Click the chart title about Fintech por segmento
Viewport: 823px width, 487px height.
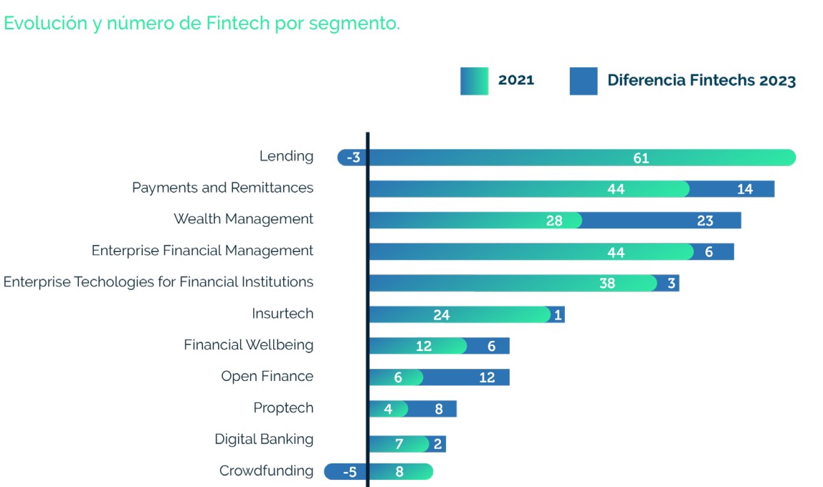click(x=201, y=23)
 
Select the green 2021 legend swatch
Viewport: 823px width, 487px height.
click(x=474, y=81)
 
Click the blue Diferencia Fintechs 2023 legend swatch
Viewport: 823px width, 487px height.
click(x=583, y=81)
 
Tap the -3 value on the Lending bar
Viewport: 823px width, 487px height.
click(x=353, y=158)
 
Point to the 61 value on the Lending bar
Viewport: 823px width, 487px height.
click(x=641, y=158)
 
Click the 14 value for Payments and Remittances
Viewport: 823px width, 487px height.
click(x=745, y=189)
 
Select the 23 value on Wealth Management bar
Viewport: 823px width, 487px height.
click(x=705, y=221)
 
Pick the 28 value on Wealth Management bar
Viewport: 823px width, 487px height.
click(x=554, y=221)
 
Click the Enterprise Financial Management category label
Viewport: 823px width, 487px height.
click(x=202, y=251)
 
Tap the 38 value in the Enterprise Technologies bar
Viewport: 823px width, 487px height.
click(x=607, y=283)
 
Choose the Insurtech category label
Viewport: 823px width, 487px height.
click(x=282, y=314)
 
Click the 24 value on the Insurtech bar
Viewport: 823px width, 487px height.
click(x=442, y=314)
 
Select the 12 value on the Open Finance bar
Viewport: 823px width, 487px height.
click(x=487, y=377)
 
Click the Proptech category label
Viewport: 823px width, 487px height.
click(x=283, y=408)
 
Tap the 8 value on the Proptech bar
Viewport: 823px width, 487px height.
click(x=439, y=409)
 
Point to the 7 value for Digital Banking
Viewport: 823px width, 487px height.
click(x=399, y=444)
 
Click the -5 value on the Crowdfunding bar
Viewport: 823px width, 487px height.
click(x=350, y=472)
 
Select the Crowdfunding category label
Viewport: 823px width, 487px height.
click(x=266, y=471)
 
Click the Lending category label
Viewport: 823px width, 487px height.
click(x=286, y=156)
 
